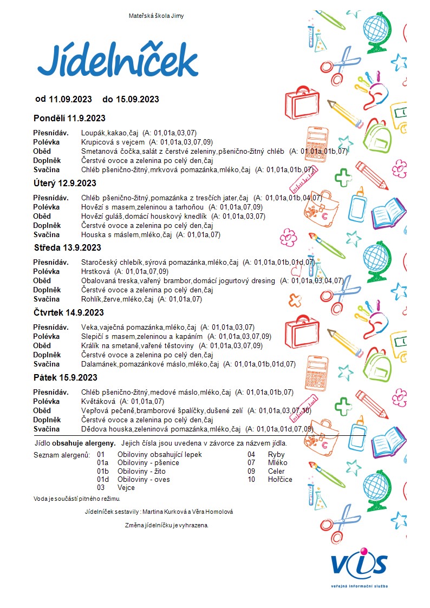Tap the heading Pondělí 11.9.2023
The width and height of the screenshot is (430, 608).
pyautogui.click(x=69, y=118)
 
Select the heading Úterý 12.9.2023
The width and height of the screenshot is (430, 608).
pyautogui.click(x=65, y=183)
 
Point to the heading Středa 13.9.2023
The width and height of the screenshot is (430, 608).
pyautogui.click(x=67, y=248)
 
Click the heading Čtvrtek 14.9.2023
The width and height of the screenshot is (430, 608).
pyautogui.click(x=69, y=312)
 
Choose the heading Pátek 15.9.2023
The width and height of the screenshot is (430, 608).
pyautogui.click(x=66, y=377)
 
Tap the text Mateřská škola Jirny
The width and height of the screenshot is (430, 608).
pyautogui.click(x=156, y=16)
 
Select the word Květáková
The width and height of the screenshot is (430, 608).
pyautogui.click(x=97, y=402)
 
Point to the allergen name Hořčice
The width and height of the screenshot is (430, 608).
pyautogui.click(x=280, y=479)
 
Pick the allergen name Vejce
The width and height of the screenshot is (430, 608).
pyautogui.click(x=126, y=487)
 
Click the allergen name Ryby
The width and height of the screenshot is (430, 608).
pyautogui.click(x=276, y=455)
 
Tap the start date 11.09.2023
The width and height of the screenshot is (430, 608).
pyautogui.click(x=70, y=99)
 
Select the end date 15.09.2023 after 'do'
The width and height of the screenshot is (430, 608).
pyautogui.click(x=138, y=99)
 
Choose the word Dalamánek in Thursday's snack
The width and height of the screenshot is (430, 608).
pyautogui.click(x=99, y=364)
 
